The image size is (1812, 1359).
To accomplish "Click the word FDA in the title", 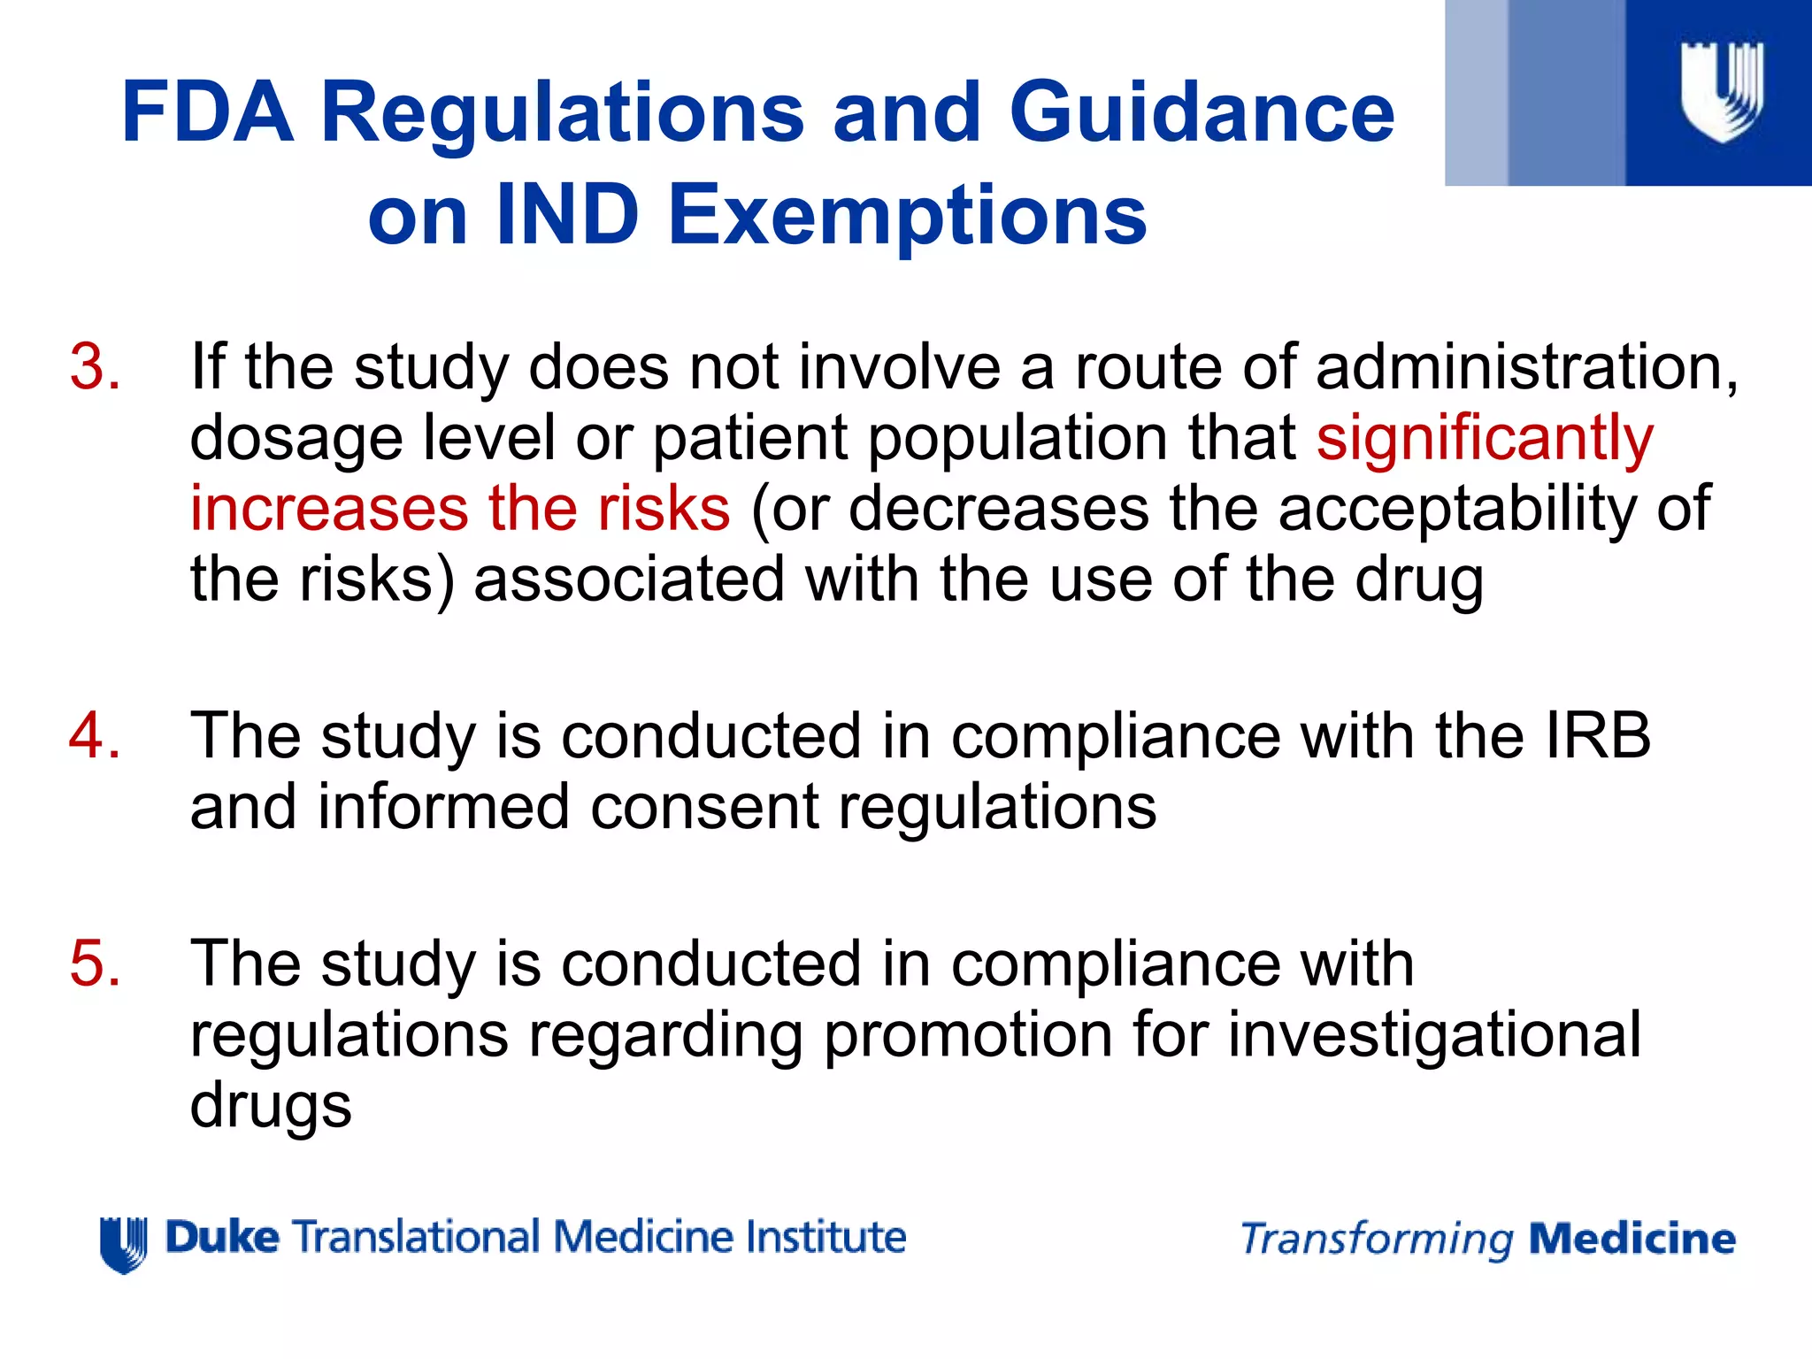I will click(x=207, y=112).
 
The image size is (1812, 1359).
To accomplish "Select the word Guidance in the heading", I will click(x=1202, y=112).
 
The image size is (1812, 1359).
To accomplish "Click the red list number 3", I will click(x=95, y=366).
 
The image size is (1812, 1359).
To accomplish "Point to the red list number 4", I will click(x=95, y=736).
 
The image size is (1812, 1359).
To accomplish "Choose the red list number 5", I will click(x=95, y=964).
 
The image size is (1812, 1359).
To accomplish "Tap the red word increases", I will click(x=328, y=509).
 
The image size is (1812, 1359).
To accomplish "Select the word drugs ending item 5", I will click(x=271, y=1106).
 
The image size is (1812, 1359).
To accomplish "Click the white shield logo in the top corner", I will click(x=1721, y=91).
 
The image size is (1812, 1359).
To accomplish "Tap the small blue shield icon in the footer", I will click(x=123, y=1243).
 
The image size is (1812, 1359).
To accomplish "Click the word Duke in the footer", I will click(x=222, y=1237).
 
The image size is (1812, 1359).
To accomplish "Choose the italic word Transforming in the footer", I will click(x=1377, y=1240).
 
